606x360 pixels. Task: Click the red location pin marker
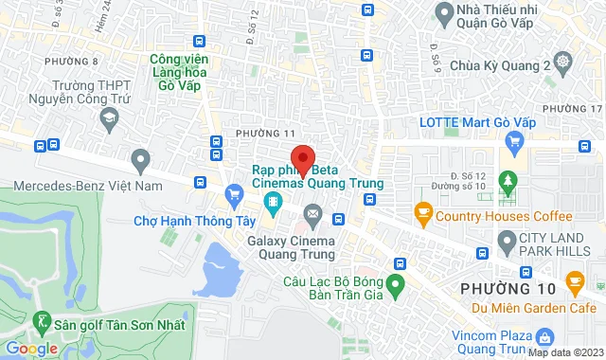coord(302,158)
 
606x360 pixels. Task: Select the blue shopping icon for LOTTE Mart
coord(515,143)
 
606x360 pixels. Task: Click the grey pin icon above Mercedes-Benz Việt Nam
coord(141,158)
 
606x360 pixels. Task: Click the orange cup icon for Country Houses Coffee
coord(422,214)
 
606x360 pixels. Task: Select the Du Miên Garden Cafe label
coord(541,305)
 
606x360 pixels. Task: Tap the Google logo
coord(30,348)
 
